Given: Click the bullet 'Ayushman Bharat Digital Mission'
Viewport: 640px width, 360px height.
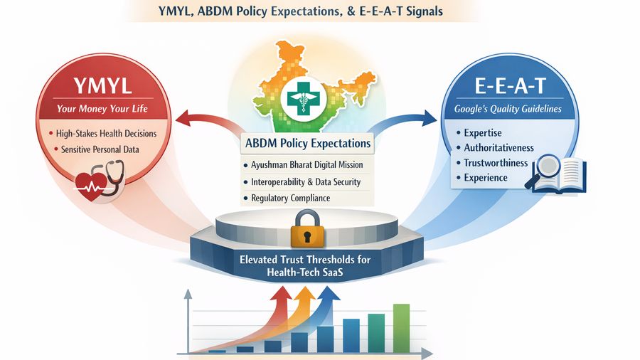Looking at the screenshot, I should pos(306,165).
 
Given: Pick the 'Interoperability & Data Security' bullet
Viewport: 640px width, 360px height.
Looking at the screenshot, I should pos(306,181).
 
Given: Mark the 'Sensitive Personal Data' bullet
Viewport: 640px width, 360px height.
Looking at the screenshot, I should pos(101,149).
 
